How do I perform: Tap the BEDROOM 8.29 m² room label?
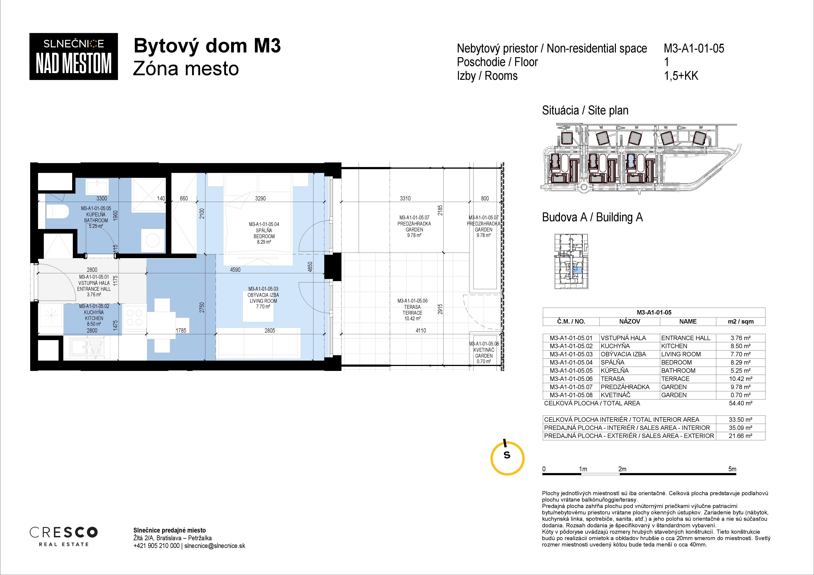264,233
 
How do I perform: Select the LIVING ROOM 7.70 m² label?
263,298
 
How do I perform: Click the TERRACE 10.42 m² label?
412,310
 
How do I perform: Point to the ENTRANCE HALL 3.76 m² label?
94,286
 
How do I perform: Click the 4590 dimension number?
235,270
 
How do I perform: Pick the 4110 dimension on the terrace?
421,331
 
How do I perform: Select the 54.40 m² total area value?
741,403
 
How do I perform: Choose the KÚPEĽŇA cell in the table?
615,371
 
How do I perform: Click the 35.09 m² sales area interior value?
741,428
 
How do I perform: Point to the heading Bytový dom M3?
207,46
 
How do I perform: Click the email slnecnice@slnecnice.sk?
215,546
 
